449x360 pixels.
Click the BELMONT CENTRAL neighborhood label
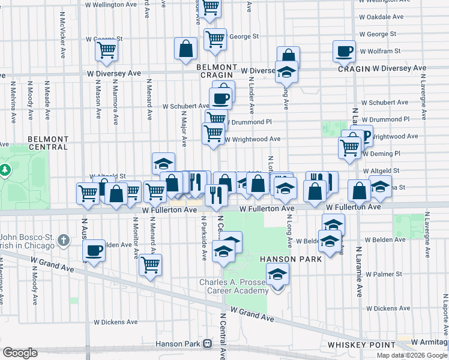click(48, 142)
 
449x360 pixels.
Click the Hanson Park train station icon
click(207, 344)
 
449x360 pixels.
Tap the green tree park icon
click(5, 170)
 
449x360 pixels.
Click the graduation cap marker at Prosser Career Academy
click(277, 276)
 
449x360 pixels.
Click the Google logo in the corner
click(20, 353)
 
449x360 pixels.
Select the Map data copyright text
click(412, 355)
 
